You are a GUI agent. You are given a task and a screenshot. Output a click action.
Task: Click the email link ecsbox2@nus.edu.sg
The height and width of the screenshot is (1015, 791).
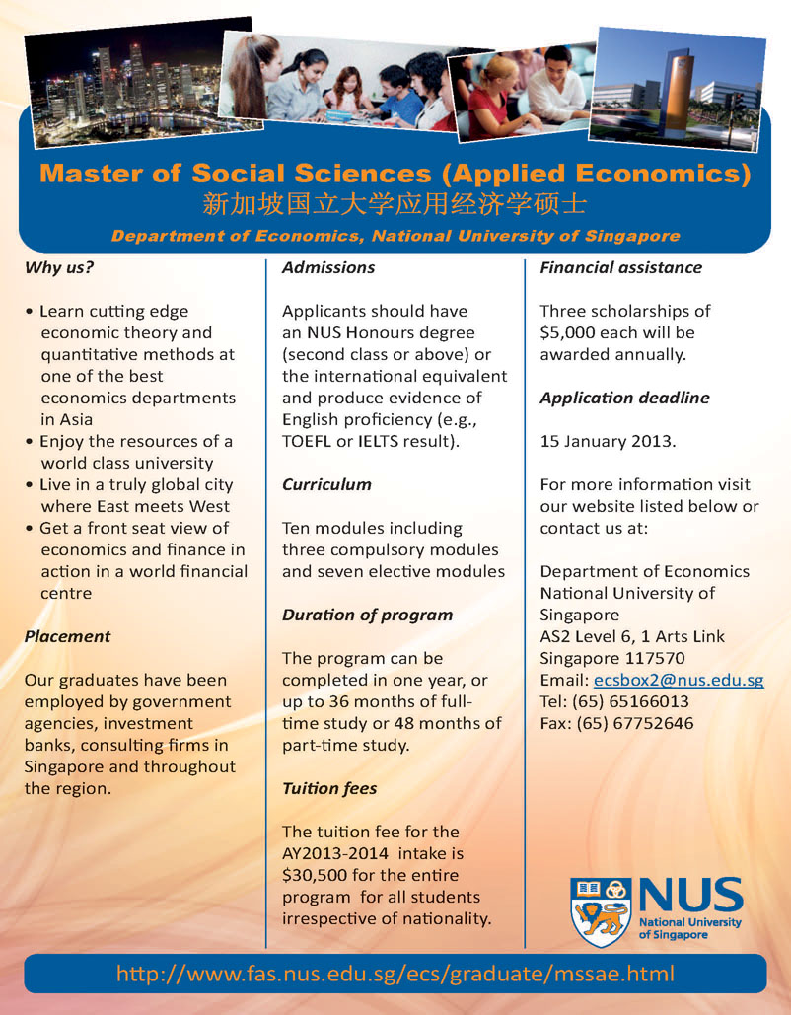coord(679,681)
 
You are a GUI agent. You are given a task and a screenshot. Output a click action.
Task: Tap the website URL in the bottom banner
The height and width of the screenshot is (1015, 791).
coord(395,974)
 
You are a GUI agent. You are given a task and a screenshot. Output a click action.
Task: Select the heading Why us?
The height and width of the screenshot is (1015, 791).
coord(58,267)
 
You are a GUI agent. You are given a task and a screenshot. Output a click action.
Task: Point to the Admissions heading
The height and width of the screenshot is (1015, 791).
coord(328,267)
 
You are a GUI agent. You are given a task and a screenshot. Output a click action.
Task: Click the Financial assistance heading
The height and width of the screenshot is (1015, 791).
coord(620,267)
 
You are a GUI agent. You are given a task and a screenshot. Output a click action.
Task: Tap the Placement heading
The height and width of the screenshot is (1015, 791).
coord(67,636)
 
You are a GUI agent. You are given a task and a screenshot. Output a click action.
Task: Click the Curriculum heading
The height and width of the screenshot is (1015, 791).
coord(326,484)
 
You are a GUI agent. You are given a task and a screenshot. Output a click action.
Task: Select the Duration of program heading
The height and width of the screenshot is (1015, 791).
coord(367,615)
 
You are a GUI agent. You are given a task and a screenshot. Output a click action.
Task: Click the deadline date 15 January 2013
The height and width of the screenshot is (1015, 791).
coord(608,441)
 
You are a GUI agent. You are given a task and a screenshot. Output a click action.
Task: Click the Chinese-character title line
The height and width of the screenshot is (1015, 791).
coord(395,205)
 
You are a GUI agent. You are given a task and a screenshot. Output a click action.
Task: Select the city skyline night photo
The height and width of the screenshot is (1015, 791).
coord(118,89)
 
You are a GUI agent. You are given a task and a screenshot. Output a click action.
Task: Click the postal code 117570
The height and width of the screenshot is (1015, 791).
coord(665,659)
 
